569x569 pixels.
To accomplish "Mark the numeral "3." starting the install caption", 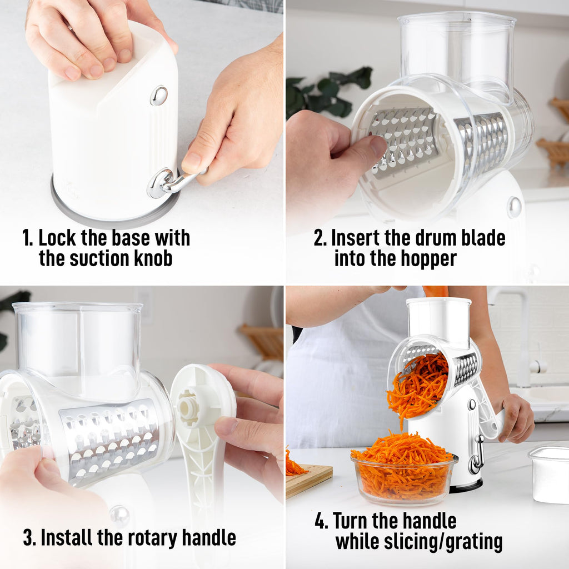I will (x=30, y=537).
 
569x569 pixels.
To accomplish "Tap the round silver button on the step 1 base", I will (x=159, y=96).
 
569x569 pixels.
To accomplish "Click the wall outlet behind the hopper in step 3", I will (x=143, y=305).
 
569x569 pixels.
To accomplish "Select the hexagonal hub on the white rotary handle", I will (x=188, y=408).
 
